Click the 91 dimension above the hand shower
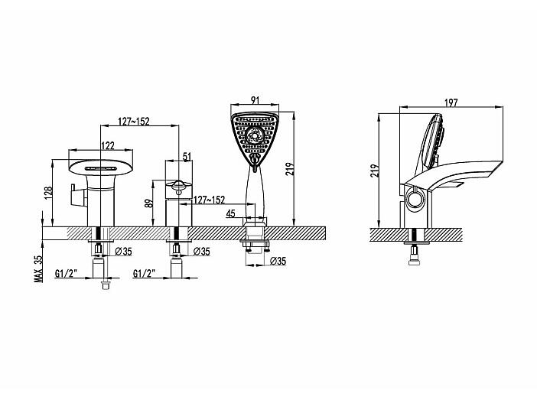click(255, 100)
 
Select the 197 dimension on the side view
click(451, 102)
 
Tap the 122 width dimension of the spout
click(108, 145)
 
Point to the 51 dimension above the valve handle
click(187, 157)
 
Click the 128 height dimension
click(48, 193)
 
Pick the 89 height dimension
click(148, 203)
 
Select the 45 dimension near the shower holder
click(230, 213)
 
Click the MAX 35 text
click(39, 269)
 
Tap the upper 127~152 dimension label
click(134, 122)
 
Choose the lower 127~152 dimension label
click(210, 200)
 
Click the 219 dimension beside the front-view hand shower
click(290, 169)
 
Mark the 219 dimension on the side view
click(375, 171)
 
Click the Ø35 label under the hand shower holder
click(278, 261)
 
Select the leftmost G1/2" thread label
click(66, 273)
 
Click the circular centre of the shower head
click(255, 135)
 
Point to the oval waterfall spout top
click(101, 167)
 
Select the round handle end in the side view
click(415, 200)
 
